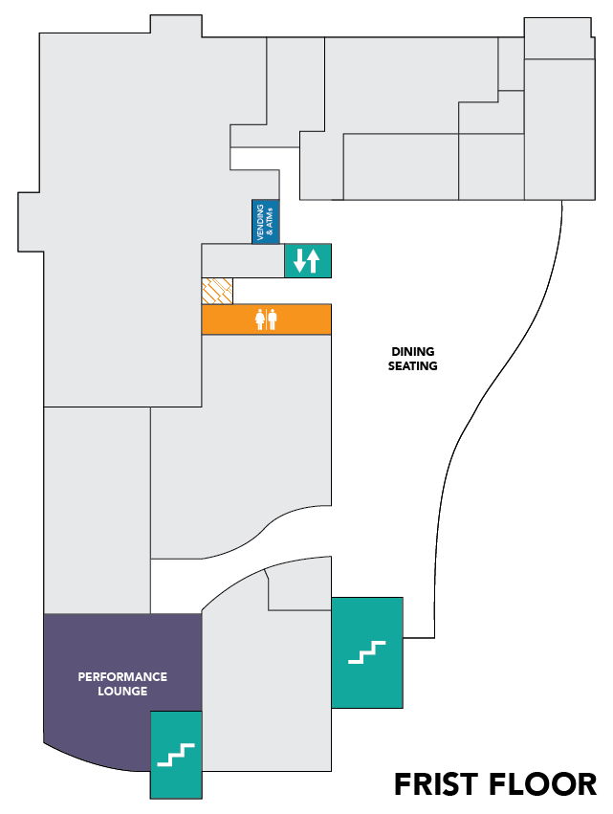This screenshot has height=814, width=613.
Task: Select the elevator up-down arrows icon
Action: [x=307, y=259]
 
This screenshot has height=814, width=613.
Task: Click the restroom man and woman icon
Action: [x=266, y=319]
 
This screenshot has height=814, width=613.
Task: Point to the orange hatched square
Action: [x=217, y=291]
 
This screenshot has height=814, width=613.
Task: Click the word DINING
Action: [x=413, y=351]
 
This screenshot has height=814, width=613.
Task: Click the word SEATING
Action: [x=413, y=365]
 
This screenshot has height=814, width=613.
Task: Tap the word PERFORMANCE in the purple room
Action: [x=122, y=677]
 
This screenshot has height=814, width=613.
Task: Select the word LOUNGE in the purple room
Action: [x=122, y=693]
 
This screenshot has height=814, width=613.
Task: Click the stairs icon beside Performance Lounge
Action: [x=176, y=755]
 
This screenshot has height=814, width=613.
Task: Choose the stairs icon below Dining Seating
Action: [x=366, y=652]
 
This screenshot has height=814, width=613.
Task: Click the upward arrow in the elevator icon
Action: [x=313, y=259]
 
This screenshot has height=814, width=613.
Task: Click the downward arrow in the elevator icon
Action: [x=300, y=259]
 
